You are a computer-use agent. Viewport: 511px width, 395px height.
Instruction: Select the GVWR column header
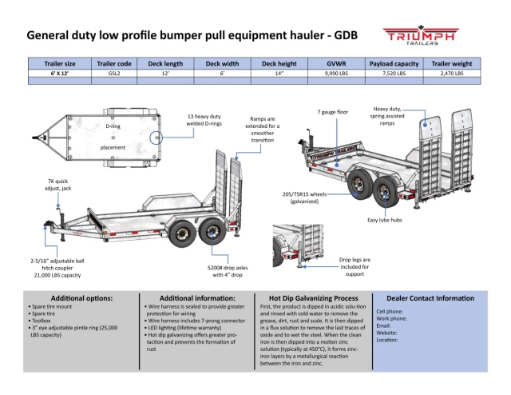pos(336,62)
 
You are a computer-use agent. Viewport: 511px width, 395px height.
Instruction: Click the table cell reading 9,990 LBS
pos(336,73)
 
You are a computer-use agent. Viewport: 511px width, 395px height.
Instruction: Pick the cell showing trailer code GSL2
pos(113,73)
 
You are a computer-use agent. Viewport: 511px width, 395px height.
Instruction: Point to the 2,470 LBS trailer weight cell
pos(452,73)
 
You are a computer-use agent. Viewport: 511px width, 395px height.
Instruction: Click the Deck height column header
pos(279,62)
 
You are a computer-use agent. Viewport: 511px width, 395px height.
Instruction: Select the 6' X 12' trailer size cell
pos(60,73)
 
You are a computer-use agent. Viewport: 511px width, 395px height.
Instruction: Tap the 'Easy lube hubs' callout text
pos(384,220)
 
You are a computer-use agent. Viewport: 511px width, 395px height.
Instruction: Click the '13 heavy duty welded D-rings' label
pos(204,120)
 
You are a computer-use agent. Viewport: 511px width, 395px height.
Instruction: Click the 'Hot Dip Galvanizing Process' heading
pos(314,297)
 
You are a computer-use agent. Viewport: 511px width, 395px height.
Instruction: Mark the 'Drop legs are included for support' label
pos(357,266)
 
